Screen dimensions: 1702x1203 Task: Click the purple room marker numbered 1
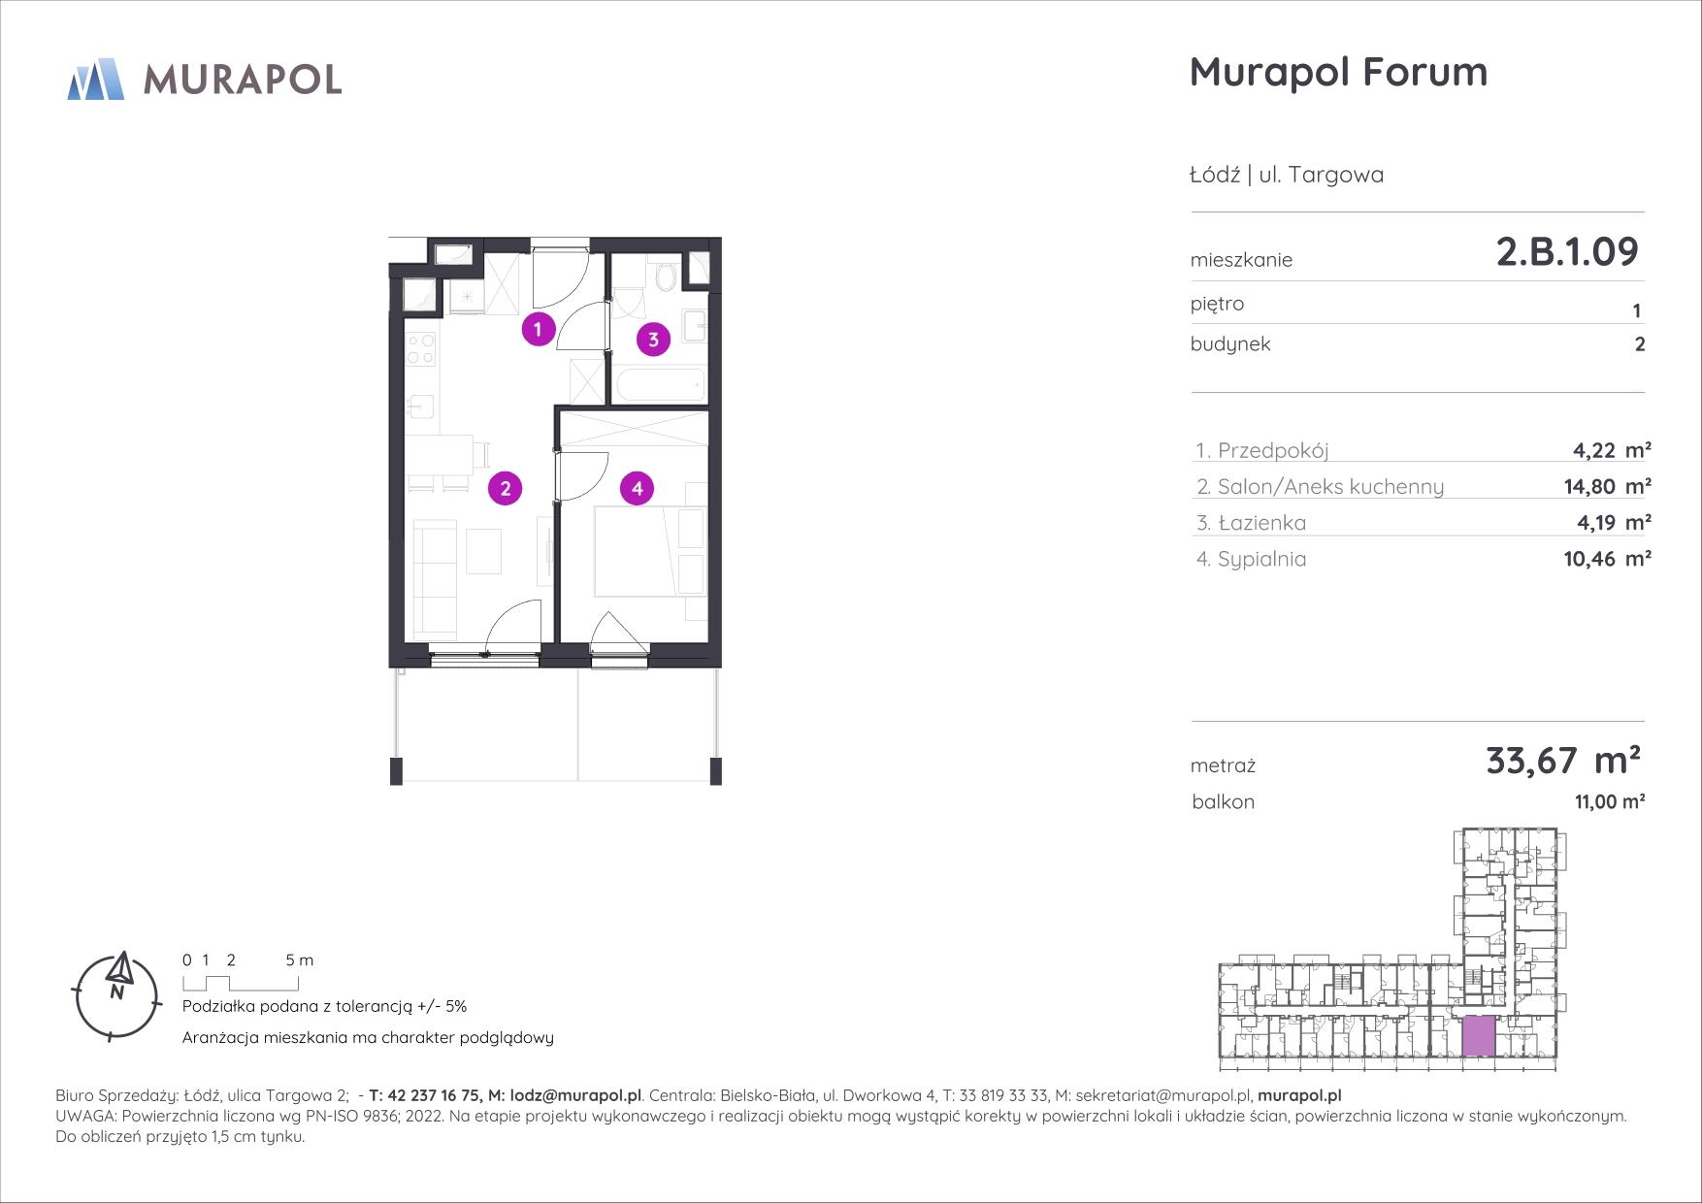(x=538, y=329)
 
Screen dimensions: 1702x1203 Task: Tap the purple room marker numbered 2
(x=506, y=488)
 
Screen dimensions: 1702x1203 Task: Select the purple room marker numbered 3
(x=654, y=340)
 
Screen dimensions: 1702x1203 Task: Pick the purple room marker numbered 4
(x=638, y=488)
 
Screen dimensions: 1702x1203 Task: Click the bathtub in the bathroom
(x=660, y=385)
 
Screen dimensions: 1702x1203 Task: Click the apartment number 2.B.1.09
(x=1567, y=251)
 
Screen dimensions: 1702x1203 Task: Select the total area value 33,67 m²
(x=1563, y=760)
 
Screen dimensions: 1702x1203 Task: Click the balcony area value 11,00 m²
(x=1609, y=802)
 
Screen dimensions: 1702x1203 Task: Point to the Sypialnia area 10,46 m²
(x=1612, y=558)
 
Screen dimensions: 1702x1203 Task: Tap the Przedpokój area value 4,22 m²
(x=1612, y=449)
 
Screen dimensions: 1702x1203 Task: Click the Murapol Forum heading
(x=1338, y=72)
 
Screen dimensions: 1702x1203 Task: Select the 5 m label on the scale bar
(x=300, y=960)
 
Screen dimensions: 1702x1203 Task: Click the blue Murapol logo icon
(x=96, y=80)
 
